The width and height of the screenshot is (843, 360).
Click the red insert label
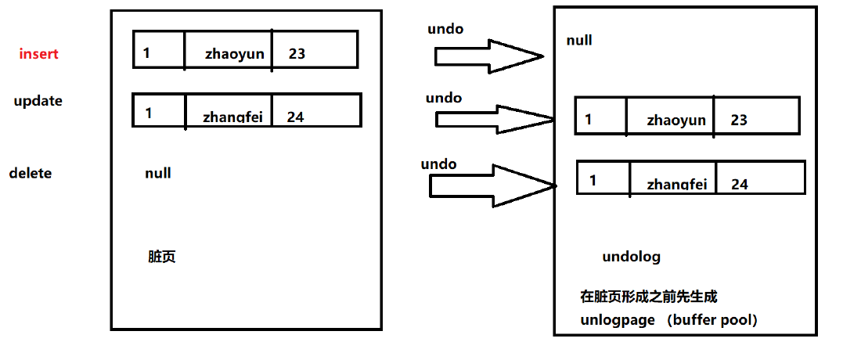(39, 54)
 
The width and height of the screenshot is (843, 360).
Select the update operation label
(38, 101)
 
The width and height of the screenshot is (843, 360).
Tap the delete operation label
(31, 173)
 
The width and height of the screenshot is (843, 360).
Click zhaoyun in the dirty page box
(235, 54)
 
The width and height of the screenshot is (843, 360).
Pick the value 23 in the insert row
(297, 54)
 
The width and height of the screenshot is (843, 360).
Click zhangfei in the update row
(232, 117)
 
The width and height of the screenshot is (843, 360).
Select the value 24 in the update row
(295, 117)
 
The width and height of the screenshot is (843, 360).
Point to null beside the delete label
(158, 173)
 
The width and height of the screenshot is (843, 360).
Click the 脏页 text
(161, 257)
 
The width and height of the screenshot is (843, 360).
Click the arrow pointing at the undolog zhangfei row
(492, 185)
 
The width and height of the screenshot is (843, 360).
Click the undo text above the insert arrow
(445, 29)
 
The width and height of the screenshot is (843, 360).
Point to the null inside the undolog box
(579, 40)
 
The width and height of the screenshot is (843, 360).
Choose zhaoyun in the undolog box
(676, 120)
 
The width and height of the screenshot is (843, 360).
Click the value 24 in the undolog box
(739, 184)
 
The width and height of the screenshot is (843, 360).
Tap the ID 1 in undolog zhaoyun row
(589, 120)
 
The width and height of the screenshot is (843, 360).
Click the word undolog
(632, 257)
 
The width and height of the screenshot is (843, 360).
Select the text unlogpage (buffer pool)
(668, 320)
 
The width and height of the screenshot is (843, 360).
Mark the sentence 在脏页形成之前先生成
(648, 297)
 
